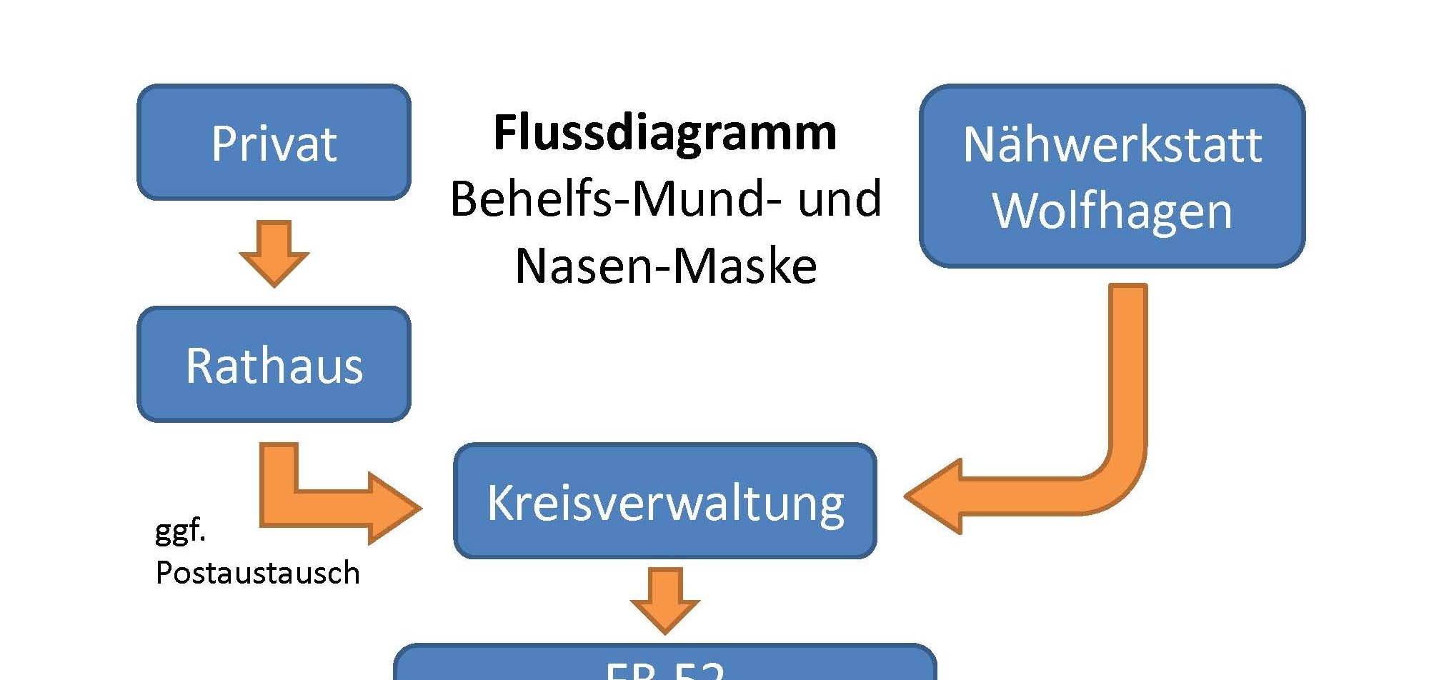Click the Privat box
274,143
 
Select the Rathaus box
274,365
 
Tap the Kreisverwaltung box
664,501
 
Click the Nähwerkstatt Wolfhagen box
1112,176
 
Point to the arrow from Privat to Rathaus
274,254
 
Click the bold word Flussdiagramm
664,133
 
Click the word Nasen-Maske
665,266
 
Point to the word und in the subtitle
840,199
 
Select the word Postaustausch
257,573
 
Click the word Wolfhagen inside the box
1112,211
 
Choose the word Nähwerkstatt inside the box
1112,145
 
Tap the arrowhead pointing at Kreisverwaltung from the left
393,508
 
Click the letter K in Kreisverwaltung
500,502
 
